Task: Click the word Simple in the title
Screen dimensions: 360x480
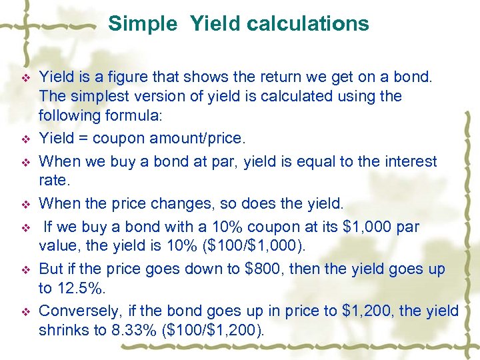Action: point(143,24)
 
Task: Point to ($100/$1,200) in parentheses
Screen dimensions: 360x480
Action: point(217,330)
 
